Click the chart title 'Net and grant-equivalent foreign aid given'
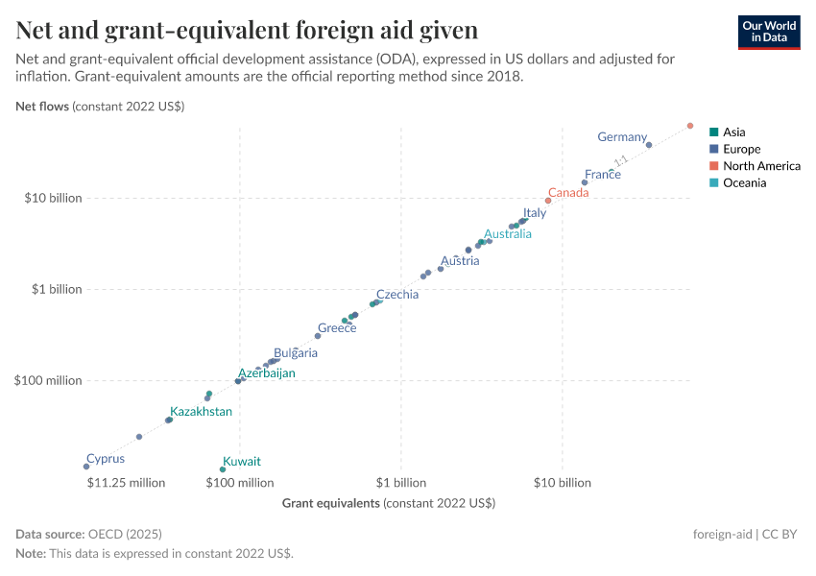[x=247, y=31]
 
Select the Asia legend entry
[x=733, y=132]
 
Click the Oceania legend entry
[x=744, y=182]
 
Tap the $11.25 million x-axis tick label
[x=126, y=483]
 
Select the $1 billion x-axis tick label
[x=401, y=483]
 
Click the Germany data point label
[x=622, y=137]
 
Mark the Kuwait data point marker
[x=223, y=469]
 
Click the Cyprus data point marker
[x=86, y=467]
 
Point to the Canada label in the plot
[x=567, y=193]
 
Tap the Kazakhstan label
[x=201, y=412]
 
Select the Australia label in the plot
[x=507, y=234]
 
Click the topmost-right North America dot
[x=690, y=126]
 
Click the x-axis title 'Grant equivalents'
[x=388, y=503]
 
